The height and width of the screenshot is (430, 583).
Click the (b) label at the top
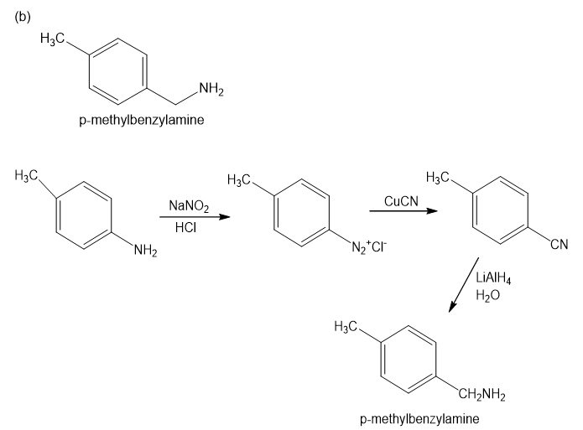pos(23,18)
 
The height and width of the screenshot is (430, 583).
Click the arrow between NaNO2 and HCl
pos(194,217)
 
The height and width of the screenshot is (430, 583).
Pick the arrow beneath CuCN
pos(403,211)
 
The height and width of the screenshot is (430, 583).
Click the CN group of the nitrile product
pos(560,245)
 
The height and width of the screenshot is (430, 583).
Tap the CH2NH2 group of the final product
pos(481,395)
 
